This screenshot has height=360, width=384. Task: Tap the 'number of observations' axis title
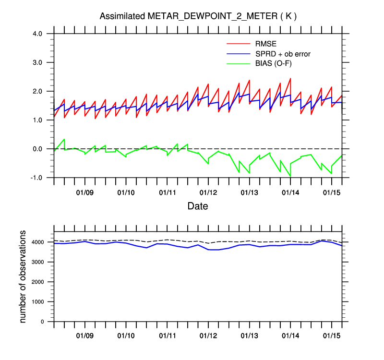pyautogui.click(x=23, y=276)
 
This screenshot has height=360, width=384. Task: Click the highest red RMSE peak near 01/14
pyautogui.click(x=290, y=78)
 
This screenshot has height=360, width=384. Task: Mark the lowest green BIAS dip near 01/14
pyautogui.click(x=290, y=176)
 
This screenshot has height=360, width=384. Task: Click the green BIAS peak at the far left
pyautogui.click(x=64, y=139)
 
